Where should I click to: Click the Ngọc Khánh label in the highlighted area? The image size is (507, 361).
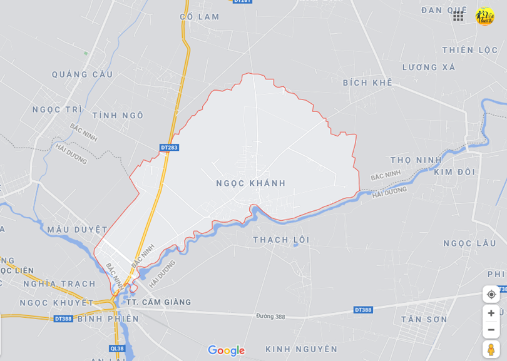(x=250, y=183)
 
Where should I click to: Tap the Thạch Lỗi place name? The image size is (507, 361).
(x=282, y=240)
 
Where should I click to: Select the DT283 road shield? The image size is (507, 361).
(x=169, y=148)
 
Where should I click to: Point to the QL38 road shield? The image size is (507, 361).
(x=117, y=348)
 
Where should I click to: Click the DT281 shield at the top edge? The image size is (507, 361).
(x=242, y=1)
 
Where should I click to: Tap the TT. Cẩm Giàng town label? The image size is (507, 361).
(x=158, y=302)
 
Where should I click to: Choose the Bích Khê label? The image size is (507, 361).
(x=367, y=83)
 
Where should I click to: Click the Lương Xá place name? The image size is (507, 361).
(x=429, y=68)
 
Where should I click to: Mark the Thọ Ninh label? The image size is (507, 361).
(x=416, y=160)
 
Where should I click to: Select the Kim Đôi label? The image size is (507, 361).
(x=454, y=172)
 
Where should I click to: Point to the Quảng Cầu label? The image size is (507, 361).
(x=82, y=74)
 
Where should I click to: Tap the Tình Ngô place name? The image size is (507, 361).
(x=118, y=116)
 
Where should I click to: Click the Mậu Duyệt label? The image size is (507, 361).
(x=77, y=230)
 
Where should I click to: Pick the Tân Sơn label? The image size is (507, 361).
(x=424, y=320)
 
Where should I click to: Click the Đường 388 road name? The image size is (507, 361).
(x=270, y=317)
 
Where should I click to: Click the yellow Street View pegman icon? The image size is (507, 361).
(x=491, y=349)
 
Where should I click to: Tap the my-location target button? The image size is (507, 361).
(x=491, y=294)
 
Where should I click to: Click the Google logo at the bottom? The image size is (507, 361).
(x=226, y=350)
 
